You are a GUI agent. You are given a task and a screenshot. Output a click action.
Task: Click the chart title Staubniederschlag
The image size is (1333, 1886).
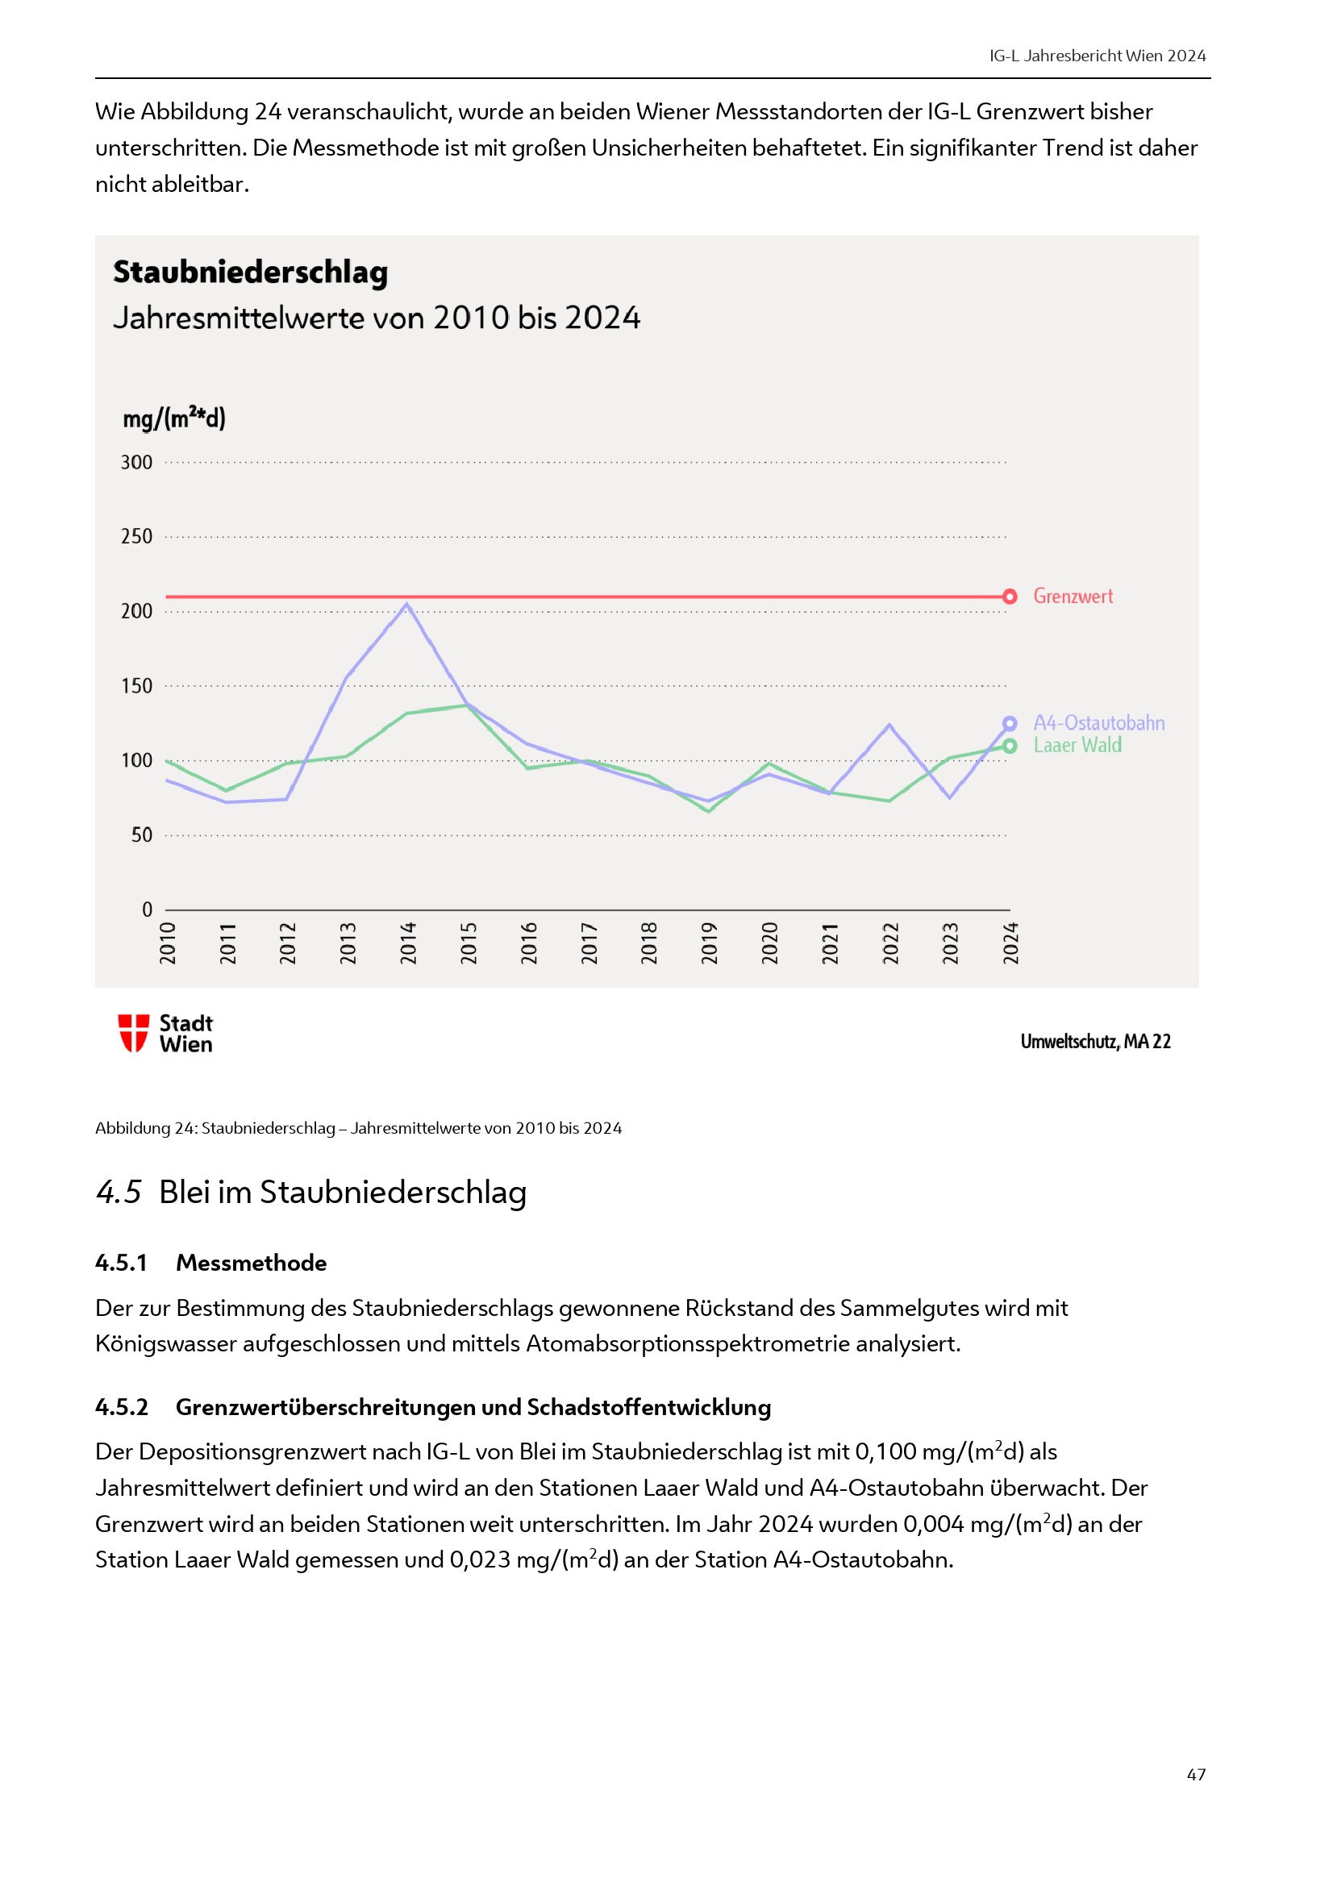coord(251,273)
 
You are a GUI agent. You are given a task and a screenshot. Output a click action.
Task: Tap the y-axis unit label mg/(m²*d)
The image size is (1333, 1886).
coord(173,418)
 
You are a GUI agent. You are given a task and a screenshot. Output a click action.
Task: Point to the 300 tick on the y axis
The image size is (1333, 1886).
coord(136,463)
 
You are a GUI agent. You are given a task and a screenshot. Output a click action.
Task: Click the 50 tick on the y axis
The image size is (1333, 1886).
coord(141,835)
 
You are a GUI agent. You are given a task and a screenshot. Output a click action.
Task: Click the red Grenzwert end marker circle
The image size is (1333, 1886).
coord(1010,597)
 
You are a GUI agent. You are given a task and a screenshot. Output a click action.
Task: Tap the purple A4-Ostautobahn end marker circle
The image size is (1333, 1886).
coord(1010,723)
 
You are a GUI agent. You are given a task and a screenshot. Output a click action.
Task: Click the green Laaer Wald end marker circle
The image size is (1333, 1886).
coord(1010,746)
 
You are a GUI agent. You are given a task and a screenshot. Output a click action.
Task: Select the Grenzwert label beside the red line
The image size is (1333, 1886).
coord(1073,597)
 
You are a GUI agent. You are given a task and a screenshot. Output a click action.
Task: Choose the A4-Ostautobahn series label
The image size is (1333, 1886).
coord(1098,722)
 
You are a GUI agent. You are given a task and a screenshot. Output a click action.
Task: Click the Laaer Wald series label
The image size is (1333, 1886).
coord(1077,745)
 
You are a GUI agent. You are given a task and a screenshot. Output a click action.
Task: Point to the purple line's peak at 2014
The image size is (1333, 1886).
coord(406,605)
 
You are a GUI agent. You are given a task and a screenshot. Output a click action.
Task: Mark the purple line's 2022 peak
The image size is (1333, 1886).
coord(889,726)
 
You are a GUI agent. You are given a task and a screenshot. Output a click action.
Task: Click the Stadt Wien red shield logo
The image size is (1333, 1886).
coord(133,1033)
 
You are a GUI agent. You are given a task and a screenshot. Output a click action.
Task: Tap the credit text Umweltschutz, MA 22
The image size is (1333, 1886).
coord(1095,1042)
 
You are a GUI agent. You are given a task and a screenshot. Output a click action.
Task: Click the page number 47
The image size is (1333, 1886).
coord(1196,1774)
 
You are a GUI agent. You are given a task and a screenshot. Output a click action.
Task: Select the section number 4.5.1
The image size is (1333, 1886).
coord(121,1263)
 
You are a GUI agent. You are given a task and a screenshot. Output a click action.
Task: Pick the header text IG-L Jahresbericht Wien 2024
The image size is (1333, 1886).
coord(1098,56)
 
